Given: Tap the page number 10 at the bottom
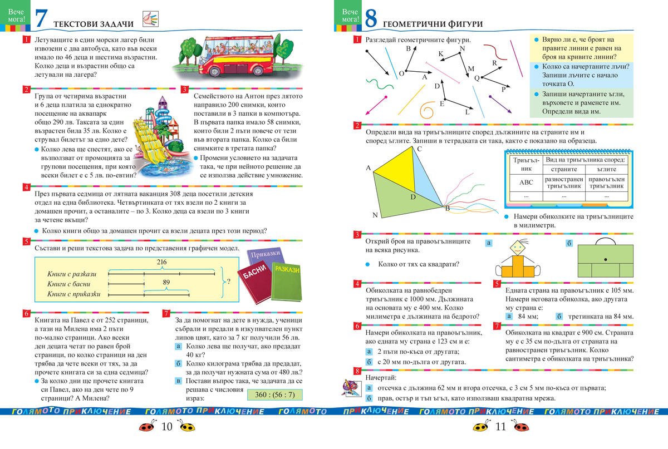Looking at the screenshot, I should [166, 427].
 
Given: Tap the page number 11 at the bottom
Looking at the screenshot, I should [499, 427].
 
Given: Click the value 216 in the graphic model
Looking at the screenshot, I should [162, 261].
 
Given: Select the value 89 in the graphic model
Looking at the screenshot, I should [166, 282].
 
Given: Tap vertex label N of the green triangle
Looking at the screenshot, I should [375, 215].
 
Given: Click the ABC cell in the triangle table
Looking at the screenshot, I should [525, 182].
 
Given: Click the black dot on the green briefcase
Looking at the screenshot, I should [604, 260].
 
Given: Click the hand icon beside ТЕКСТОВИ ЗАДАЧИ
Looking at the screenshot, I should [151, 19].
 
